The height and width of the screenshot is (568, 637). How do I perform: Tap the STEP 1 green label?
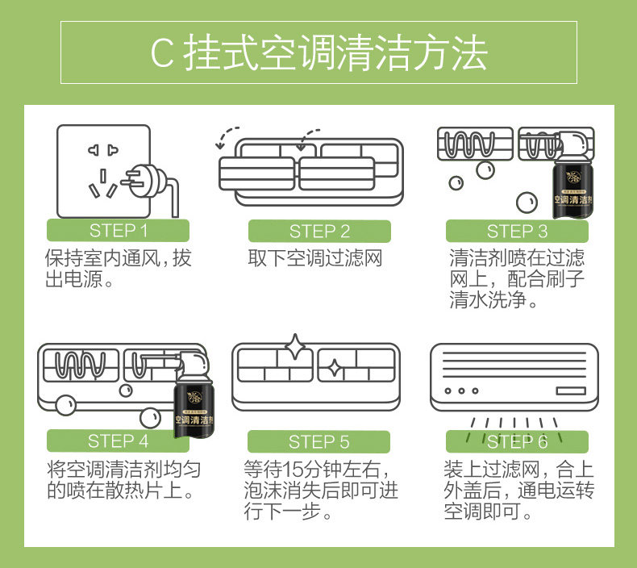(118, 231)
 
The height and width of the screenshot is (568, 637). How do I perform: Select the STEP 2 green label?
(319, 232)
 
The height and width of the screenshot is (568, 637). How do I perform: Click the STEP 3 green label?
(517, 232)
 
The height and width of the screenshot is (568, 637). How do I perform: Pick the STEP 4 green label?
(118, 441)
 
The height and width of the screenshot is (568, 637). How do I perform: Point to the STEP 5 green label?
(318, 442)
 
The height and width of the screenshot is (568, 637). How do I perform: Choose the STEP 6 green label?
(517, 442)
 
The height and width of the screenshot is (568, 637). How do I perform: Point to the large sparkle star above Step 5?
(296, 345)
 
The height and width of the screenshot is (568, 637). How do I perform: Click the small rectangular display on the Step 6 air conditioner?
(570, 390)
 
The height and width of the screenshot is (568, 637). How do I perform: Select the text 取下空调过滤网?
(314, 258)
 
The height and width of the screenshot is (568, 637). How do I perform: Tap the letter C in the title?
(161, 53)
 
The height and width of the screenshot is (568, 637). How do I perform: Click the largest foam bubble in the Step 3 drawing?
(526, 201)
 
